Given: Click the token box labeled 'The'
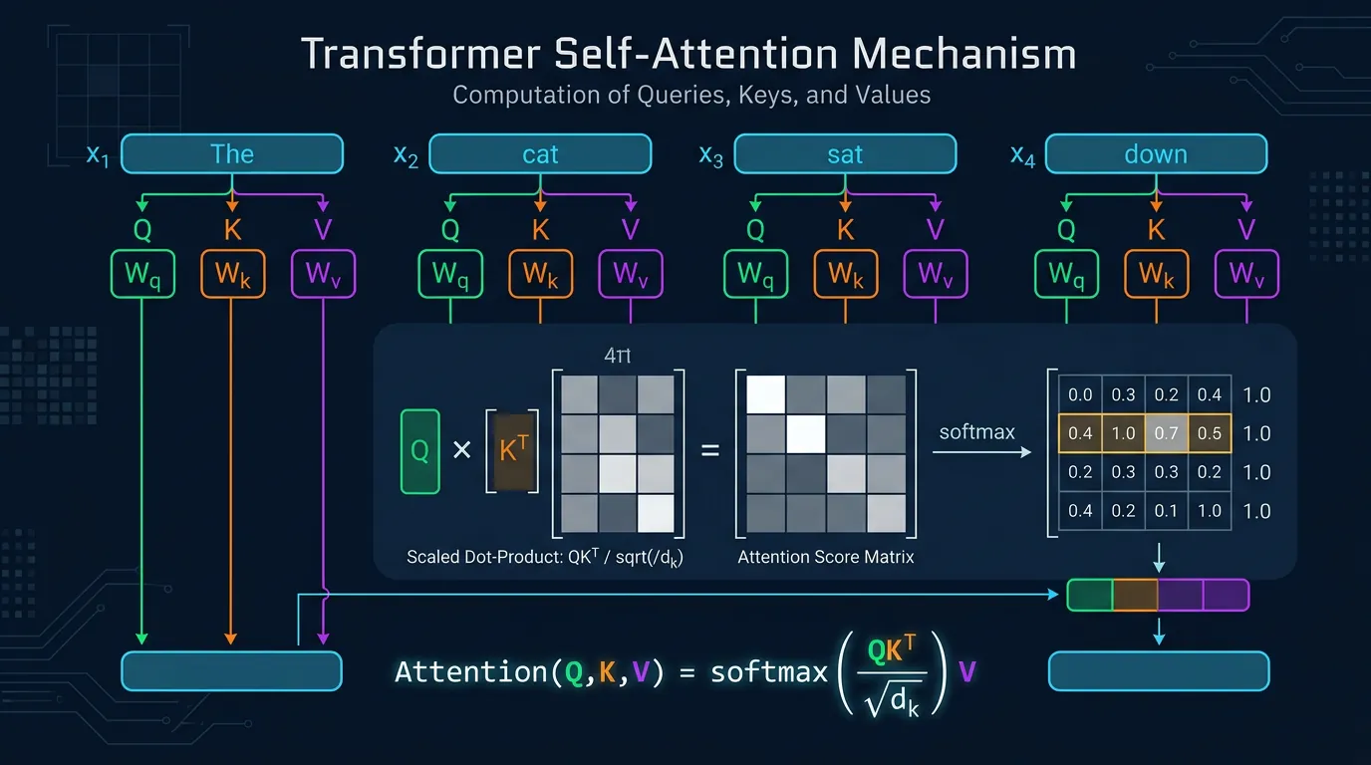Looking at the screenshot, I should coord(232,154).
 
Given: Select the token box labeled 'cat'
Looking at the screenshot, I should coord(540,154).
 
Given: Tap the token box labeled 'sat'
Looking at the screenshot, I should coord(845,154).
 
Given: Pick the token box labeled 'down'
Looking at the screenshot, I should coord(1156,154).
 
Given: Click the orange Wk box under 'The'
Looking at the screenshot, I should coord(232,274).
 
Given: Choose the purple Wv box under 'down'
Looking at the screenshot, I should coord(1246,274).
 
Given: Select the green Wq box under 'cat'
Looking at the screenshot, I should coord(450,274).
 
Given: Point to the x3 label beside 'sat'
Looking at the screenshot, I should coord(711,156).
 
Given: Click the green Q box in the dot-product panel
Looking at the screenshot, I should coord(419,451).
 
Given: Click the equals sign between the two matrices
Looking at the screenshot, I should coord(709,450).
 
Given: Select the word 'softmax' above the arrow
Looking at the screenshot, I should coord(976,432).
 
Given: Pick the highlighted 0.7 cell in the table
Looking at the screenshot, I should coord(1167,433).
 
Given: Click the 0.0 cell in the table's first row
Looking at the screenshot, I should coord(1080,395).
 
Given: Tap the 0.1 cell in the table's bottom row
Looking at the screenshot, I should coord(1167,511).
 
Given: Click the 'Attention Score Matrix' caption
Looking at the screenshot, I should coord(825,557).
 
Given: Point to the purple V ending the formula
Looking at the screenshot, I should coord(966,671).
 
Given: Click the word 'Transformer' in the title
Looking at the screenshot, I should coord(414,54).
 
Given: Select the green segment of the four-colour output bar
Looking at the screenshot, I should coord(1089,595).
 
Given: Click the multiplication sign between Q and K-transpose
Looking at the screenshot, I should coord(461,450).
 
